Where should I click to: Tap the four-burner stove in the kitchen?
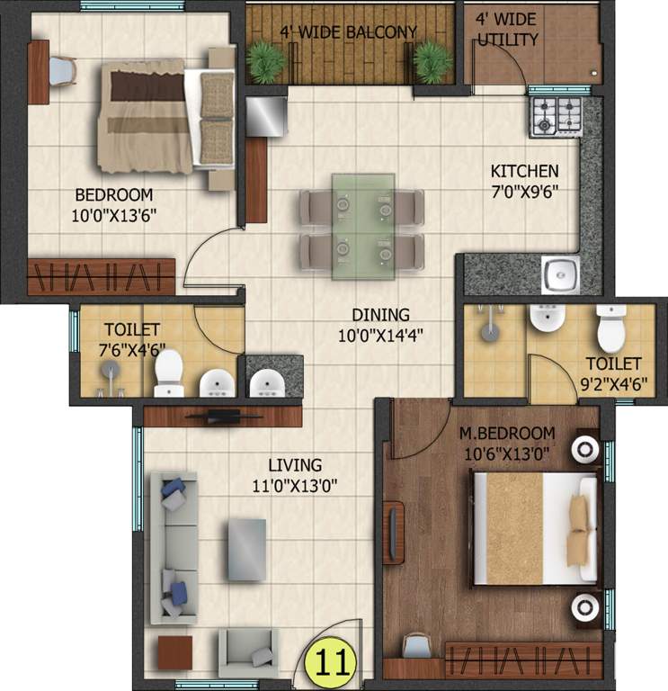click(x=556, y=116)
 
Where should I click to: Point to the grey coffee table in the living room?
click(x=246, y=548)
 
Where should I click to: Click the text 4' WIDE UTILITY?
click(x=507, y=31)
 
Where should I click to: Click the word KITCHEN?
click(x=524, y=171)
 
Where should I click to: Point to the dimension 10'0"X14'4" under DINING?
click(x=380, y=335)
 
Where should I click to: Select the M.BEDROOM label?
click(x=507, y=434)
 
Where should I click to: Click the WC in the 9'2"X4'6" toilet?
click(x=611, y=328)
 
